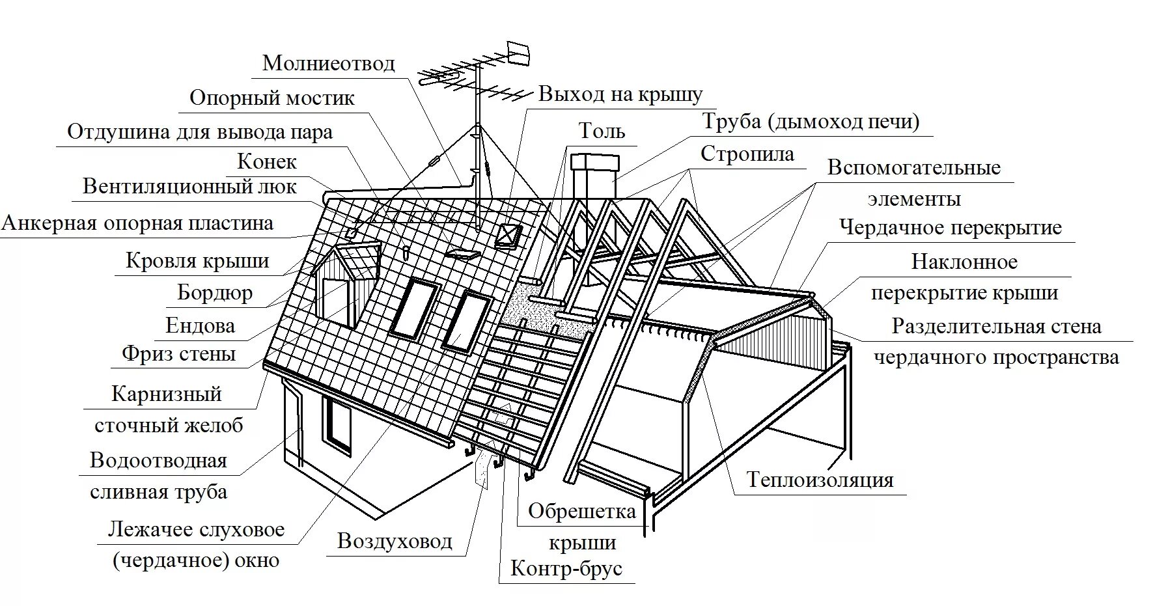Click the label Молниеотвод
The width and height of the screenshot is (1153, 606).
(x=328, y=64)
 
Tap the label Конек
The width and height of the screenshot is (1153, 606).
(x=267, y=161)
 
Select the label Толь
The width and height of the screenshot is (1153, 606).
(x=602, y=131)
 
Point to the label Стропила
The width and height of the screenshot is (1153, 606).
(x=747, y=154)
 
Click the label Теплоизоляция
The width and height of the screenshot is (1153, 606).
(x=820, y=480)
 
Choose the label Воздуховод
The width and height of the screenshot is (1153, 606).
(x=395, y=542)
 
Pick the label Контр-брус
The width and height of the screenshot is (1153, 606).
(x=566, y=569)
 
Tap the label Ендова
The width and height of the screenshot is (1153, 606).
(x=200, y=325)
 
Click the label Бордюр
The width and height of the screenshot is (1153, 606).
(x=214, y=293)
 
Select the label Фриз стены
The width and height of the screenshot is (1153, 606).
(x=178, y=355)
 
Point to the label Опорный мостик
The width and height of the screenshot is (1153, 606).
(x=271, y=98)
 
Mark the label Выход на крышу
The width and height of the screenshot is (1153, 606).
(x=620, y=94)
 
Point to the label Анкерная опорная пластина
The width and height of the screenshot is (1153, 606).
(x=137, y=224)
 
